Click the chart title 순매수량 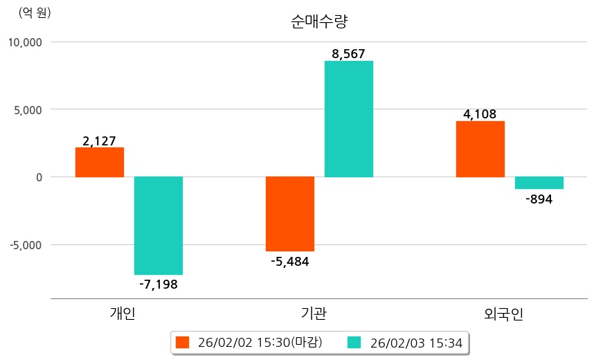[319, 21]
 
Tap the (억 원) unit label [35, 12]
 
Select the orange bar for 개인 [100, 162]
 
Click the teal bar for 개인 [159, 225]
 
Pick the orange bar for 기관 [290, 213]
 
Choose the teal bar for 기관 [349, 118]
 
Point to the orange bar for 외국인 [480, 149]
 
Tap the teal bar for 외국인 [539, 183]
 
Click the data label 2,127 [100, 141]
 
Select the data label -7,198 [159, 284]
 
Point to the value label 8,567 [349, 53]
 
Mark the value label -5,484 [290, 261]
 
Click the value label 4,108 [480, 114]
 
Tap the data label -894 [539, 199]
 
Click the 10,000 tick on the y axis [25, 42]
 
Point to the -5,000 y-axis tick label [25, 245]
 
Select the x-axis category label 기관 [314, 314]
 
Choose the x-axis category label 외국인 [504, 314]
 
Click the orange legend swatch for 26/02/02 [182, 342]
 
